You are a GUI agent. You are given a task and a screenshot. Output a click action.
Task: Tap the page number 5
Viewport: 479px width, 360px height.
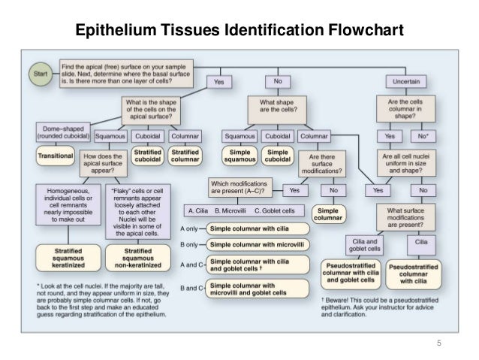(441, 344)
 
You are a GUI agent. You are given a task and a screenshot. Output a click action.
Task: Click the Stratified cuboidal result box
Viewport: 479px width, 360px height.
(146, 155)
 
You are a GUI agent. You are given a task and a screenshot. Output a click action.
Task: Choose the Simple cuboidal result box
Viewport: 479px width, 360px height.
(279, 155)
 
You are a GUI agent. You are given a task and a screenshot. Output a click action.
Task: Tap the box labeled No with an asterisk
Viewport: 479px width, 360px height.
(426, 137)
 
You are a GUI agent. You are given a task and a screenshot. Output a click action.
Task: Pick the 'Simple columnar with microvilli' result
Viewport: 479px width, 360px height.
(257, 244)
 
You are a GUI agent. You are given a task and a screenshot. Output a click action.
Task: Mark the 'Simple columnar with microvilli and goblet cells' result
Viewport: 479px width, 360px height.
(257, 289)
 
